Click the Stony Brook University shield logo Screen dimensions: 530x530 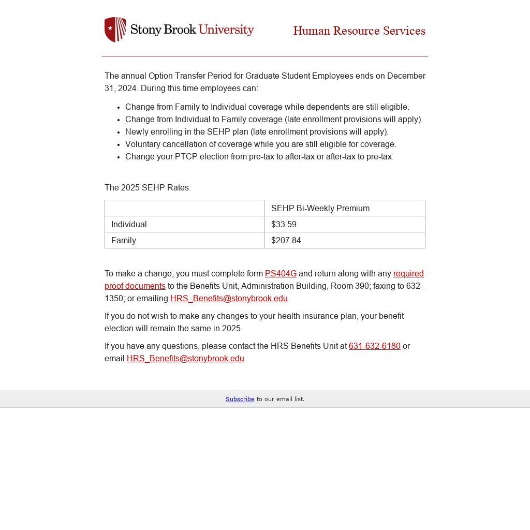click(115, 30)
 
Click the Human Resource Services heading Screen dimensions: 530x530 click(359, 31)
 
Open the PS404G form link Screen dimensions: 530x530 click(281, 274)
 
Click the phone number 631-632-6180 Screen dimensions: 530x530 click(374, 346)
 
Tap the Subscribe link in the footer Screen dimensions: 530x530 click(240, 399)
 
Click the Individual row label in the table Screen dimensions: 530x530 click(129, 225)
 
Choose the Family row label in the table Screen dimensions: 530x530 click(124, 241)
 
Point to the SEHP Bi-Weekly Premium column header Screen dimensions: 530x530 click(320, 209)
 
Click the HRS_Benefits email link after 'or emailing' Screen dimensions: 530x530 click(229, 299)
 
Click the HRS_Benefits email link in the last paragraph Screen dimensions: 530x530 click(185, 359)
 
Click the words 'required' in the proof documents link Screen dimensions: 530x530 click(408, 274)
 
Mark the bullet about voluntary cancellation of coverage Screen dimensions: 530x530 click(260, 144)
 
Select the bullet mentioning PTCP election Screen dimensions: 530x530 click(259, 157)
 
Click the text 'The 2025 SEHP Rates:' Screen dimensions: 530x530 click(148, 188)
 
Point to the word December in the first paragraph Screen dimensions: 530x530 click(406, 76)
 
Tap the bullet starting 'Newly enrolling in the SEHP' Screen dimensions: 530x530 click(257, 132)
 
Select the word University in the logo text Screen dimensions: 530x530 click(226, 30)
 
